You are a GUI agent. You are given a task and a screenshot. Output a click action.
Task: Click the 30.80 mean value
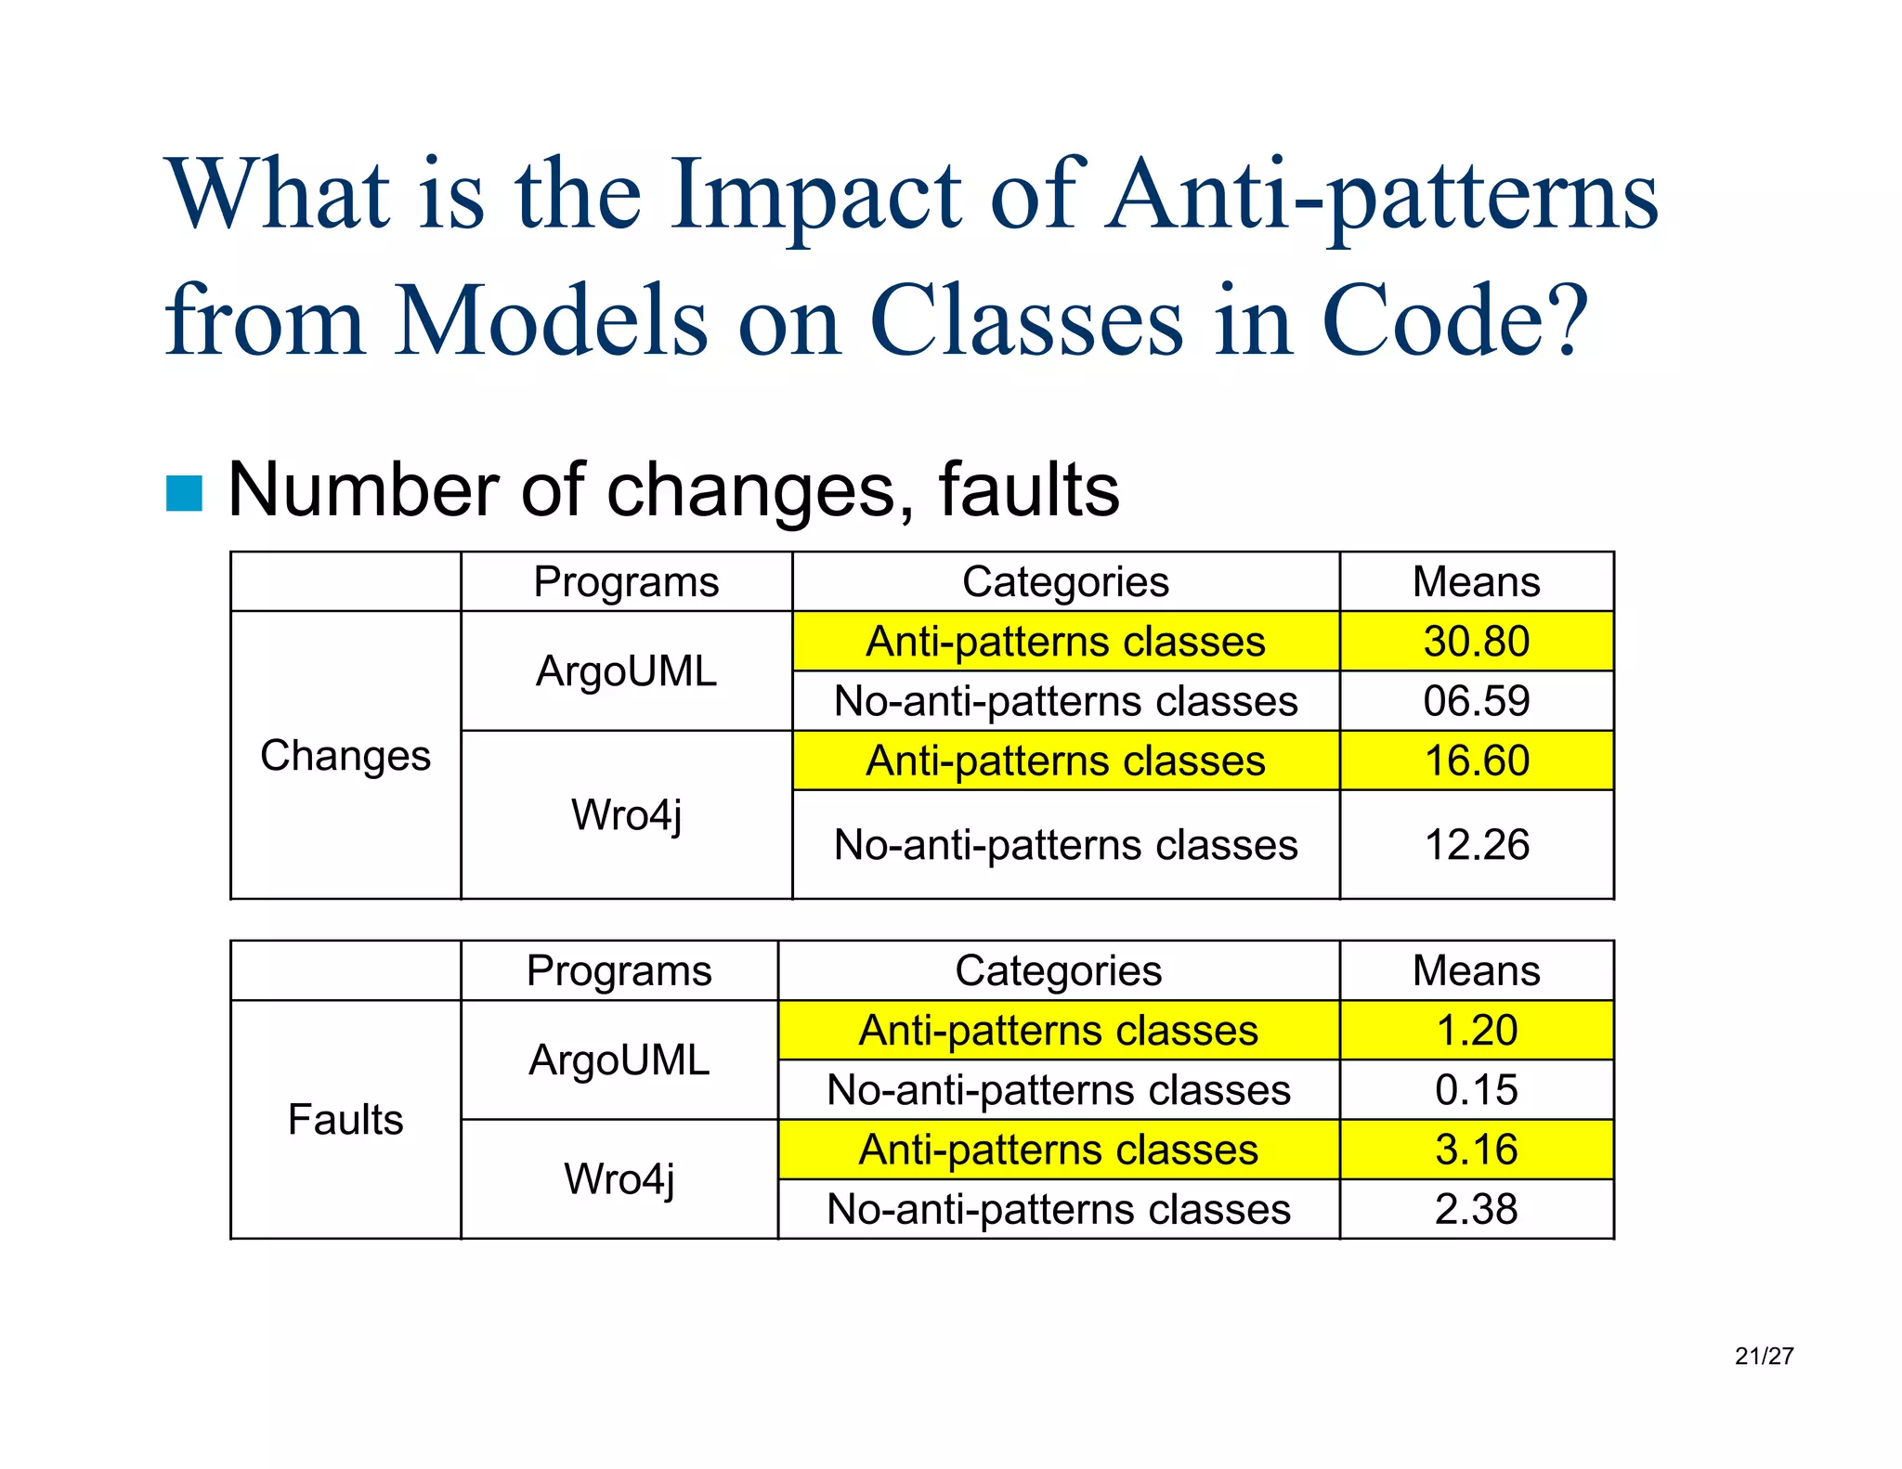(x=1476, y=642)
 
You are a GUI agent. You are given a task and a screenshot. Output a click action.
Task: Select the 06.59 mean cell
(x=1476, y=701)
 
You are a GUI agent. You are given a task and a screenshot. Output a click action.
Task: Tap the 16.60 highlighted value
(x=1476, y=760)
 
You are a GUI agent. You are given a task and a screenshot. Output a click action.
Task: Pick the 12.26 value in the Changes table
(x=1476, y=845)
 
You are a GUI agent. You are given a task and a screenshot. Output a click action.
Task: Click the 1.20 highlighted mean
(x=1476, y=1031)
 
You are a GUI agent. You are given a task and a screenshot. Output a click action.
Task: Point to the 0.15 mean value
(x=1476, y=1090)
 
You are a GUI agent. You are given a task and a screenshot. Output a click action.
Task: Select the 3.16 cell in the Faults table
(x=1476, y=1150)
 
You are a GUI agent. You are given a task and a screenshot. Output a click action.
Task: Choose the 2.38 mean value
(x=1476, y=1209)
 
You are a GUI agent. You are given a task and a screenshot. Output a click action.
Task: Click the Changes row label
(x=345, y=756)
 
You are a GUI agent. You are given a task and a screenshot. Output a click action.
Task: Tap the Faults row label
(x=345, y=1120)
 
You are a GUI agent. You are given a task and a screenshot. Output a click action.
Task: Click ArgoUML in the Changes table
(x=626, y=671)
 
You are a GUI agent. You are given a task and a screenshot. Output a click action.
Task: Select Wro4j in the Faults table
(x=619, y=1179)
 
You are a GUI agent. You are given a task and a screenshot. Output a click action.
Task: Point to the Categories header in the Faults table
(x=1058, y=971)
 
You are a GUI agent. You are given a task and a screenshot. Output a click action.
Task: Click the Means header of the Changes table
(x=1476, y=582)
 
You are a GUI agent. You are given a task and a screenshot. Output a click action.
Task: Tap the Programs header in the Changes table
(x=626, y=582)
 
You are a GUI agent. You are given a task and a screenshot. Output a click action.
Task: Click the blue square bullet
(x=184, y=493)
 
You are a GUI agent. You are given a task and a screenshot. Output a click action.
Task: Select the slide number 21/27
(x=1764, y=1357)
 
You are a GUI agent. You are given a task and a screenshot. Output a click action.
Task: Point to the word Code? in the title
(x=1454, y=320)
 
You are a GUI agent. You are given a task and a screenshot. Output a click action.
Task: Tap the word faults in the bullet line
(x=1028, y=489)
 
